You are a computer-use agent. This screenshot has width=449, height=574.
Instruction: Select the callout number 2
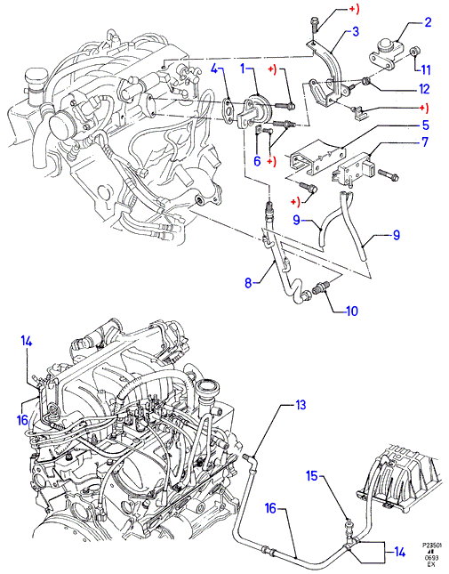429,22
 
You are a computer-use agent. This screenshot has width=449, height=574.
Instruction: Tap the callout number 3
356,31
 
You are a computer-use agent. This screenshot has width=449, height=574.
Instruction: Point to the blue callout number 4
215,69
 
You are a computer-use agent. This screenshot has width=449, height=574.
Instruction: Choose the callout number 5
425,125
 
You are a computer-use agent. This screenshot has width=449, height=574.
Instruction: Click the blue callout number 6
257,161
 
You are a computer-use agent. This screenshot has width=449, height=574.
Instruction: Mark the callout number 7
425,142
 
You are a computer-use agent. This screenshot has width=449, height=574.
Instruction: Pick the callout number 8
249,283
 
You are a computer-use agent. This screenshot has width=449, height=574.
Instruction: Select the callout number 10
352,311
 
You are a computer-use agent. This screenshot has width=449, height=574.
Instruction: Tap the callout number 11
425,69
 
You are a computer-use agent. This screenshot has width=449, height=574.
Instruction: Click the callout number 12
424,89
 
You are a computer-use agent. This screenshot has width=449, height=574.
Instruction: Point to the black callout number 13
301,405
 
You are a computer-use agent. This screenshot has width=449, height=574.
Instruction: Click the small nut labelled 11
414,52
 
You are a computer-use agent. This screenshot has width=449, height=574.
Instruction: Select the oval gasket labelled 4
229,108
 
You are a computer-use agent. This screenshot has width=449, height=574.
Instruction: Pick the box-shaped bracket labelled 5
317,158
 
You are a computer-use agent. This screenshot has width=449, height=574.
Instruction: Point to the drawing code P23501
431,545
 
